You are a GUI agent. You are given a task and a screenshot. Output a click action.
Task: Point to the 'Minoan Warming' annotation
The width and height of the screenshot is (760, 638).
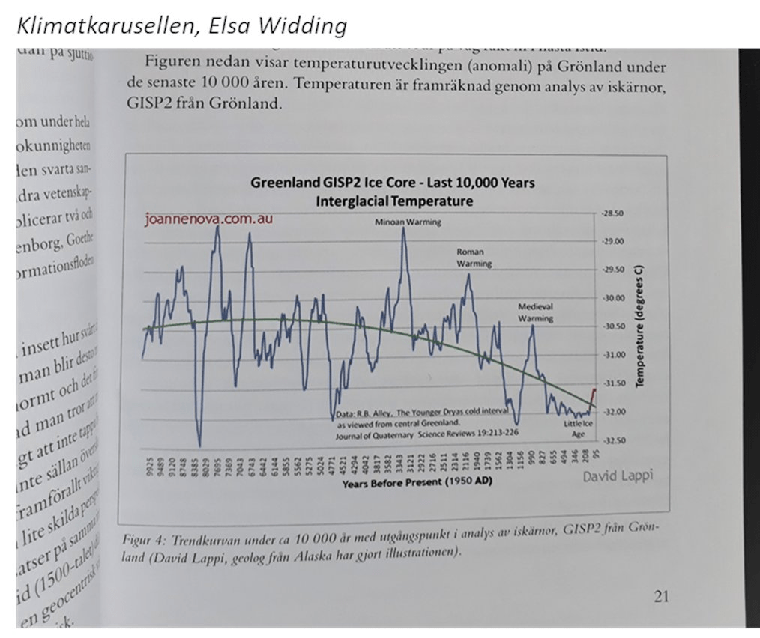(x=408, y=222)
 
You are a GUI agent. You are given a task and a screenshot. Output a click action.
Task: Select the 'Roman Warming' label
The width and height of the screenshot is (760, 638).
(x=474, y=258)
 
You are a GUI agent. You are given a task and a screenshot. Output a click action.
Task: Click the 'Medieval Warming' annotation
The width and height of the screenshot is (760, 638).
(x=535, y=312)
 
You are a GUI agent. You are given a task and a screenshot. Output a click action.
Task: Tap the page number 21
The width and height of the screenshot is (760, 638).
(x=660, y=597)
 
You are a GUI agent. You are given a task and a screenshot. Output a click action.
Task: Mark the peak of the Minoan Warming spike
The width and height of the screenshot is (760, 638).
(x=404, y=228)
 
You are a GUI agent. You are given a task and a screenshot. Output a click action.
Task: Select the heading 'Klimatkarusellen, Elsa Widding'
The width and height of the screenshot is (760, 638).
(x=181, y=26)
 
